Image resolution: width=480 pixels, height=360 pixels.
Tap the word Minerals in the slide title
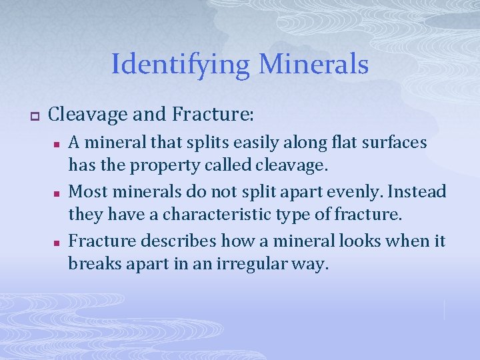[x=313, y=65]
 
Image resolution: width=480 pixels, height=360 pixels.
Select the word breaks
[x=91, y=264]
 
